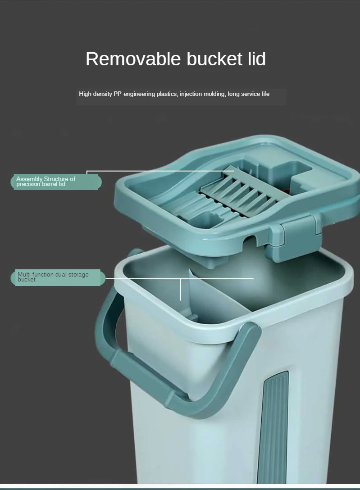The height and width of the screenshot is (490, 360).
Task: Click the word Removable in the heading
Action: tap(133, 59)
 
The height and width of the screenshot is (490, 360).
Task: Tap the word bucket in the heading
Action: tap(214, 59)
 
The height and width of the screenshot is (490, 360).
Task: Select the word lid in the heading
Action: tap(257, 59)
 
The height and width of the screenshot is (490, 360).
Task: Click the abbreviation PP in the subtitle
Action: tap(118, 94)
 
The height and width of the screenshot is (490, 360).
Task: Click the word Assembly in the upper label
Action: tap(29, 179)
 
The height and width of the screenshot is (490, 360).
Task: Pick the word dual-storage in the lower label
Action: tap(72, 274)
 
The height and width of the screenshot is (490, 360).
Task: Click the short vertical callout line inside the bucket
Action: tap(181, 290)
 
